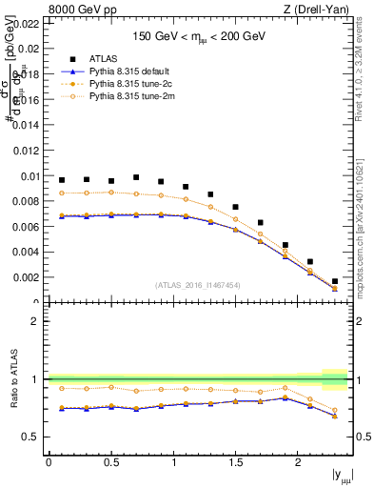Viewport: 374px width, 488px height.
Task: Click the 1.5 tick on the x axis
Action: click(235, 462)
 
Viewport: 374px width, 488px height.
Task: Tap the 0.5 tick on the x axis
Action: click(110, 462)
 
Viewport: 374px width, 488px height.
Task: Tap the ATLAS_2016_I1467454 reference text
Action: click(198, 285)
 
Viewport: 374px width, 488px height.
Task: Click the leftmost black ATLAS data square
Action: click(62, 180)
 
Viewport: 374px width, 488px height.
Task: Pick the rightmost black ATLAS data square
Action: click(335, 281)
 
